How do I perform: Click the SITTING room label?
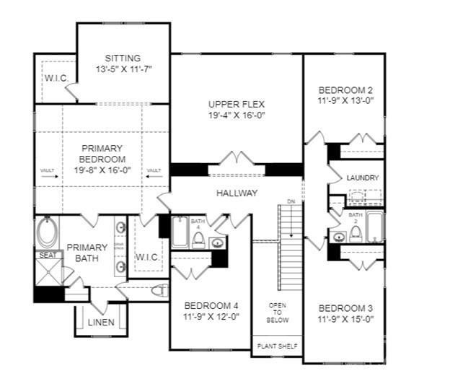click(x=122, y=58)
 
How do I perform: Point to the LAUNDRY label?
click(x=363, y=178)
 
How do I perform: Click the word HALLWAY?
click(x=237, y=193)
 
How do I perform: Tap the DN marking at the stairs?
click(x=291, y=201)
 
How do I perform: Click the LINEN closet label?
click(x=101, y=322)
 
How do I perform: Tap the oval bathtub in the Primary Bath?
click(x=47, y=233)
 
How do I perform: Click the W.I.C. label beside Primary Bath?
click(x=148, y=257)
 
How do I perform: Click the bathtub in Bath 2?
click(x=374, y=227)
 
